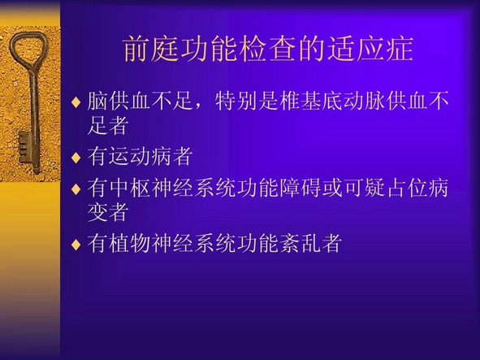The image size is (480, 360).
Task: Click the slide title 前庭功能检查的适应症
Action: pos(268,49)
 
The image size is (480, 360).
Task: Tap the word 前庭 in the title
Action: pos(151,49)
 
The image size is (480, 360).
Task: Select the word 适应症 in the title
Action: pos(370,49)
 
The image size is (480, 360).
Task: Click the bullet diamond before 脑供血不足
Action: pos(76,102)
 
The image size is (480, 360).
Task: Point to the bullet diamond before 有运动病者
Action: pos(76,157)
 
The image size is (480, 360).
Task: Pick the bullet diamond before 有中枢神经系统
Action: pos(76,189)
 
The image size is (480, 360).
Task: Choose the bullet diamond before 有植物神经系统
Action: pos(76,244)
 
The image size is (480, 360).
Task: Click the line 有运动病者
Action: pos(140,156)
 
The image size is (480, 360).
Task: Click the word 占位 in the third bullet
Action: pos(407,188)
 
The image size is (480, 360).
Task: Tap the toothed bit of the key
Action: pos(24,147)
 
